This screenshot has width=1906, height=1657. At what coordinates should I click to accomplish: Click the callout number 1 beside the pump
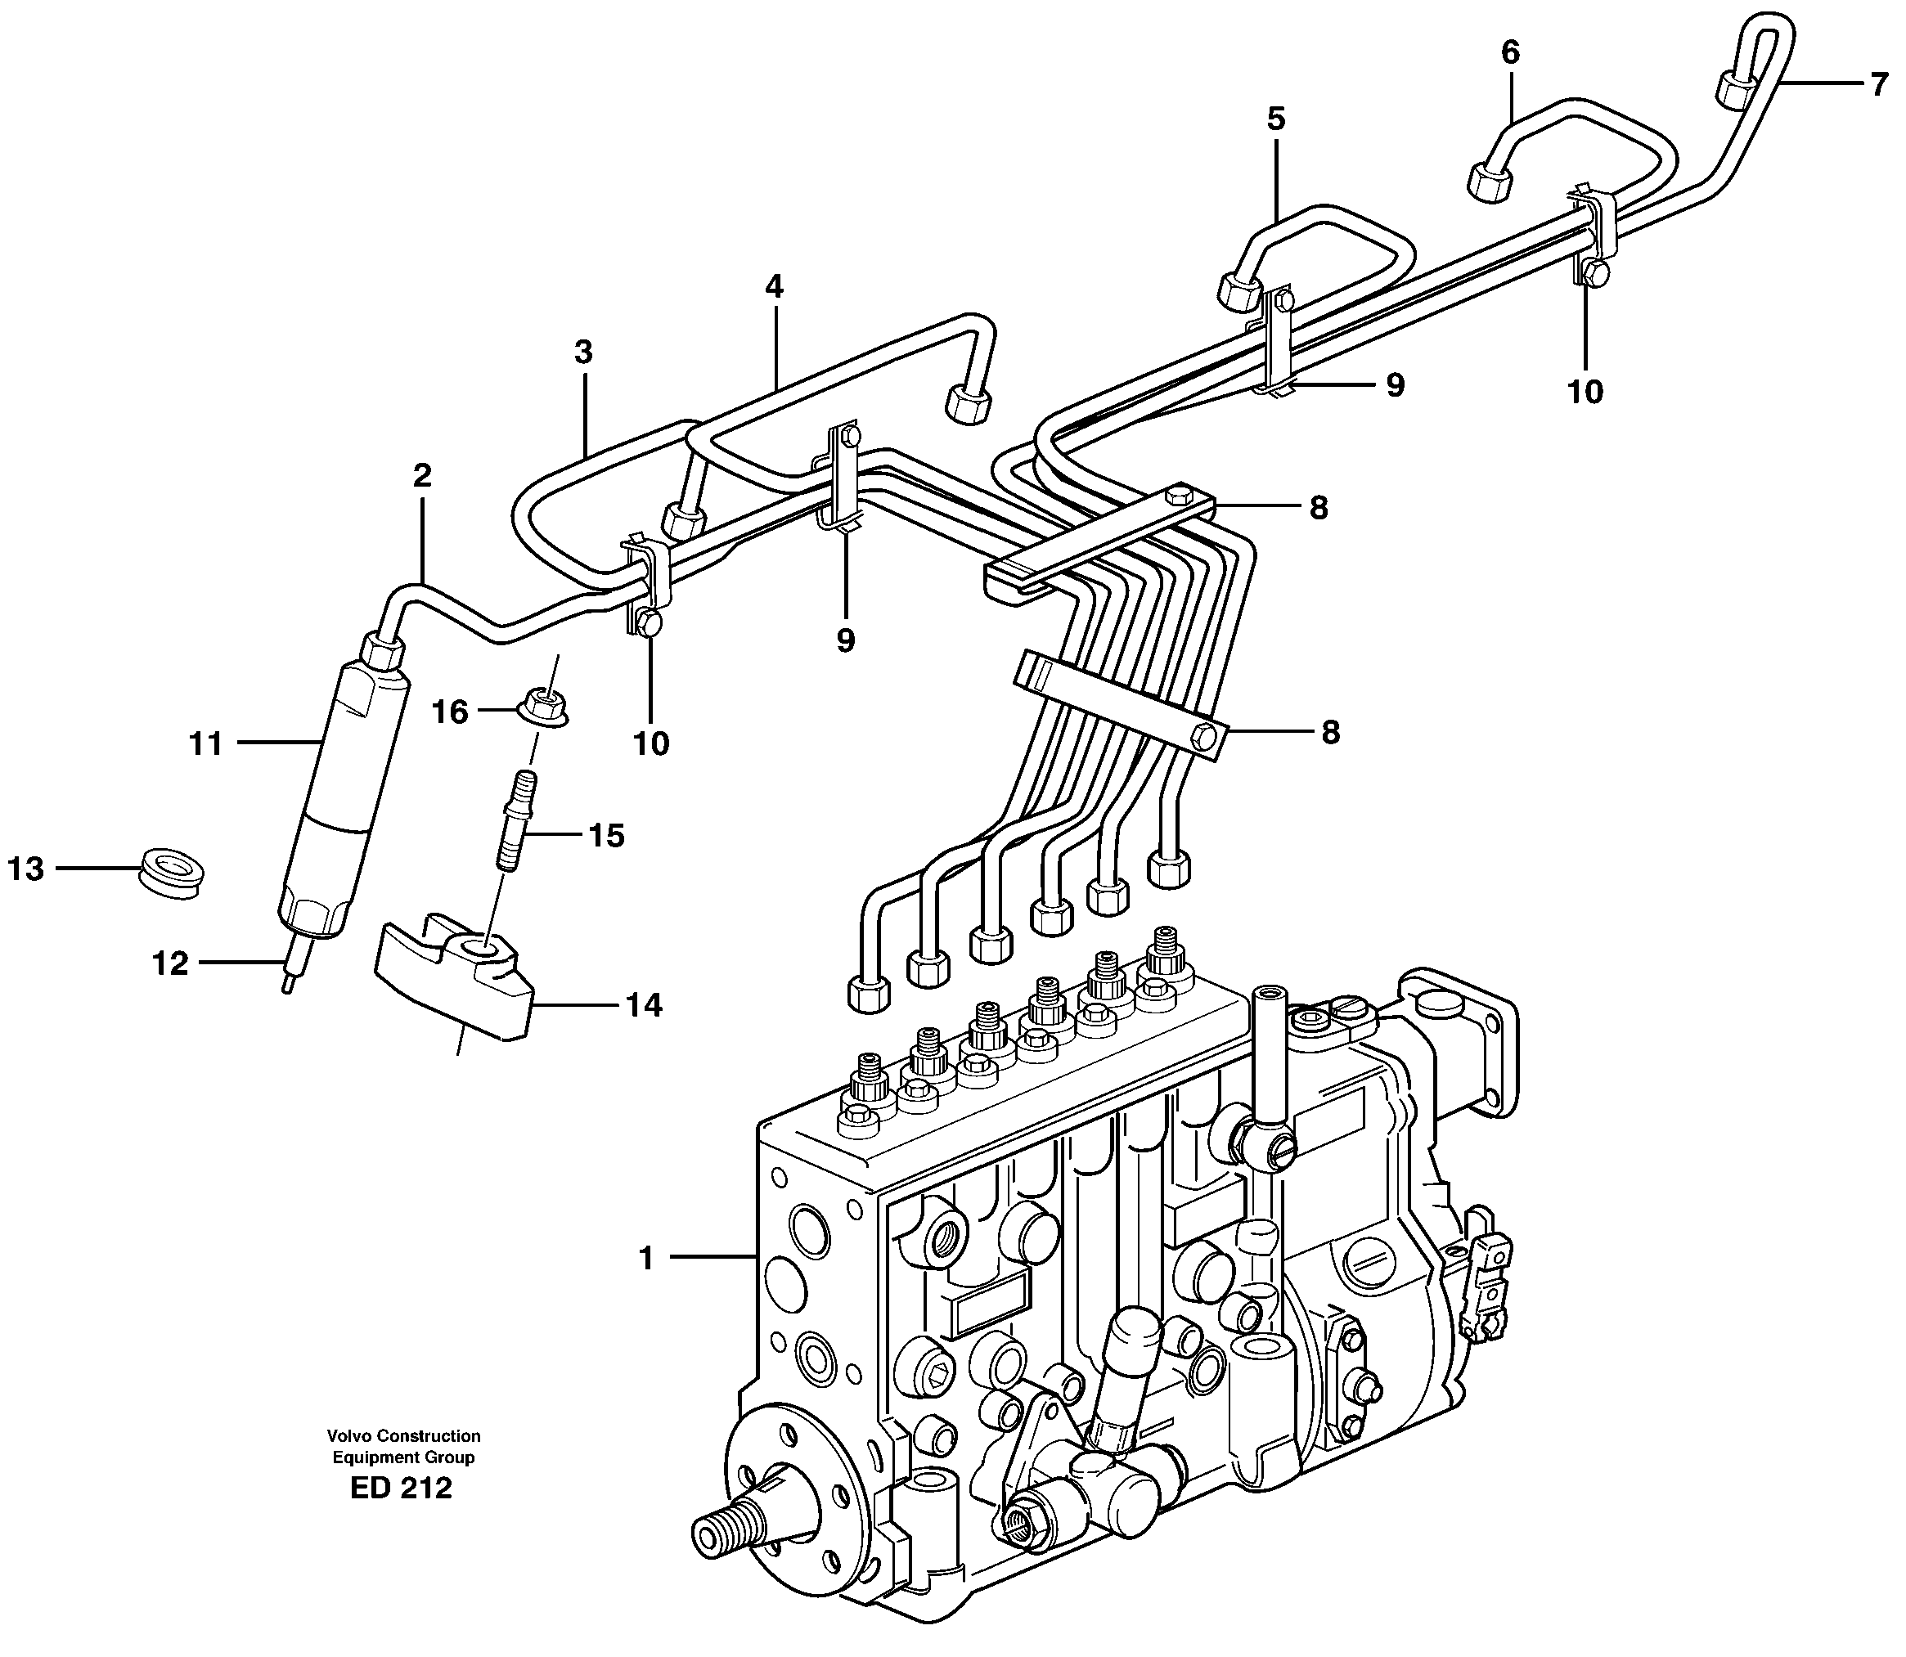646,1258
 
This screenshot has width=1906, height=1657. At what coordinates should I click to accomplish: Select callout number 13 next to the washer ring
26,869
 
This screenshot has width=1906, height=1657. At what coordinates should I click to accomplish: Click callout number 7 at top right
1877,85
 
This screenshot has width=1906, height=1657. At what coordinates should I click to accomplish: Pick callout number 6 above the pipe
1510,52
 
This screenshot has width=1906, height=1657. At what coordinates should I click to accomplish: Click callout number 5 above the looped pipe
1276,119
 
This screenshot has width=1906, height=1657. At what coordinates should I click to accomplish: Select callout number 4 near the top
773,286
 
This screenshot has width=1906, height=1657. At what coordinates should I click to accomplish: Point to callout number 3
582,353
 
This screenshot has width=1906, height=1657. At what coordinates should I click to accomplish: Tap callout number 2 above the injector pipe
422,476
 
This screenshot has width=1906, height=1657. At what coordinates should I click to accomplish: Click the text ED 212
402,1515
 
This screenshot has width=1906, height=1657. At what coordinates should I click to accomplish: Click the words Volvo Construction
403,1436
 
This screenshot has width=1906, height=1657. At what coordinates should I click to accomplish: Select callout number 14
644,1004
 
